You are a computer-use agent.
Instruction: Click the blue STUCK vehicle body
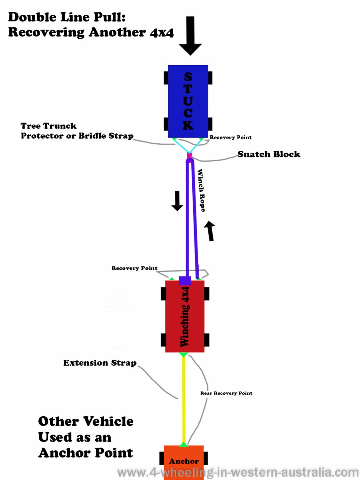tap(188, 101)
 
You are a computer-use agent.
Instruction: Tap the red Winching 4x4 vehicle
tap(185, 317)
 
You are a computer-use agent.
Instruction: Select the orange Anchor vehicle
tap(184, 461)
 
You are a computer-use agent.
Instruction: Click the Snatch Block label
tap(269, 154)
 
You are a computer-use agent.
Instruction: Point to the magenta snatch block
tap(189, 156)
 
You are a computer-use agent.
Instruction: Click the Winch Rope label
tap(201, 190)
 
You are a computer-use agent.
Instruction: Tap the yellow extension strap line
tap(184, 400)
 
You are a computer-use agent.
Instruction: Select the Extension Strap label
tap(100, 363)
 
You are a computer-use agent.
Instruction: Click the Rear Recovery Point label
tap(226, 393)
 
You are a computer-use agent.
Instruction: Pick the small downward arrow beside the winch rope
tap(177, 201)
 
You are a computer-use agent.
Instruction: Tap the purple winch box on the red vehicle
tap(185, 281)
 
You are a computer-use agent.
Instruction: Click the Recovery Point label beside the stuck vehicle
tap(230, 137)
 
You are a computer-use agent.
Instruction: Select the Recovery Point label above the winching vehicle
tap(134, 268)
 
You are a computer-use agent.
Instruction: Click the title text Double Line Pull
tap(67, 17)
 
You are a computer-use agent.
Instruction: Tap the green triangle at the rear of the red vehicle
tap(183, 354)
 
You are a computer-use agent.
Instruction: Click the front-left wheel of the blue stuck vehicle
tap(166, 78)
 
